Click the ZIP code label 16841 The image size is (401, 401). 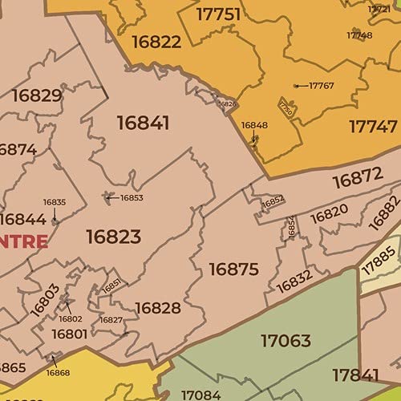click(143, 123)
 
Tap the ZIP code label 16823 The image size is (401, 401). click(113, 237)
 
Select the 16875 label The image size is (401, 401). click(234, 269)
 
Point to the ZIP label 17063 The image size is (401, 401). click(286, 341)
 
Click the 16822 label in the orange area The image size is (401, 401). click(156, 42)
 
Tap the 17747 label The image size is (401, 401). click(373, 126)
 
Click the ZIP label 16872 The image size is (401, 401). click(357, 178)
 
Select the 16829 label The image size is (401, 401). click(36, 96)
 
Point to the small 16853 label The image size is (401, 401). click(130, 197)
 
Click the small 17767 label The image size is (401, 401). click(321, 85)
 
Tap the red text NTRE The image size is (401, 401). click(23, 241)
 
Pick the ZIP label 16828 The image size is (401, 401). click(158, 308)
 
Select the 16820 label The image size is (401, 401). click(329, 214)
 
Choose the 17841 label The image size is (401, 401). click(354, 375)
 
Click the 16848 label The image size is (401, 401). click(254, 125)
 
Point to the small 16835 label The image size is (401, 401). click(55, 203)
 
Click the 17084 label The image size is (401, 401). click(200, 395)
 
